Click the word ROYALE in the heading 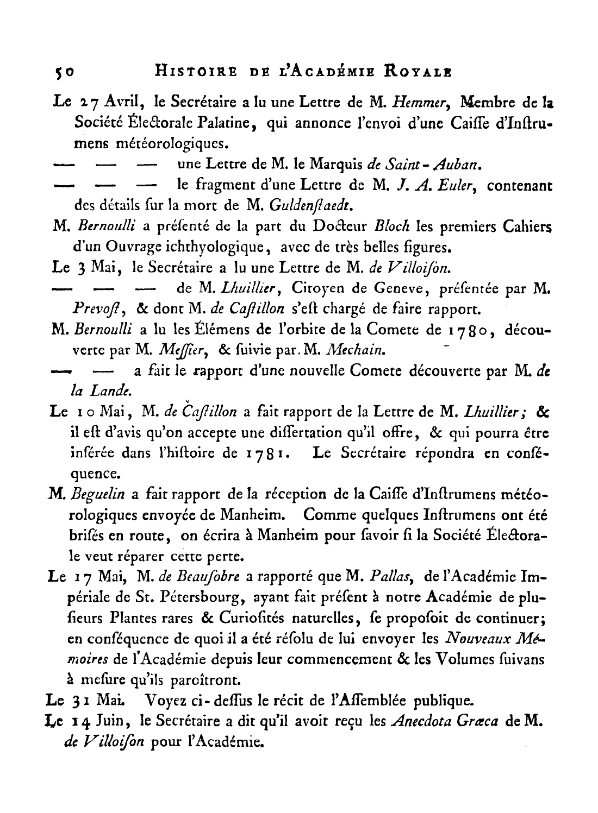(413, 71)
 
